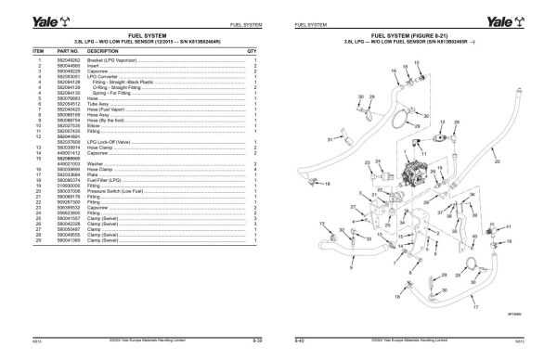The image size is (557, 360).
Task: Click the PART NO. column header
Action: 66,52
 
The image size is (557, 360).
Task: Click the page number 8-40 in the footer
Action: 301,342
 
